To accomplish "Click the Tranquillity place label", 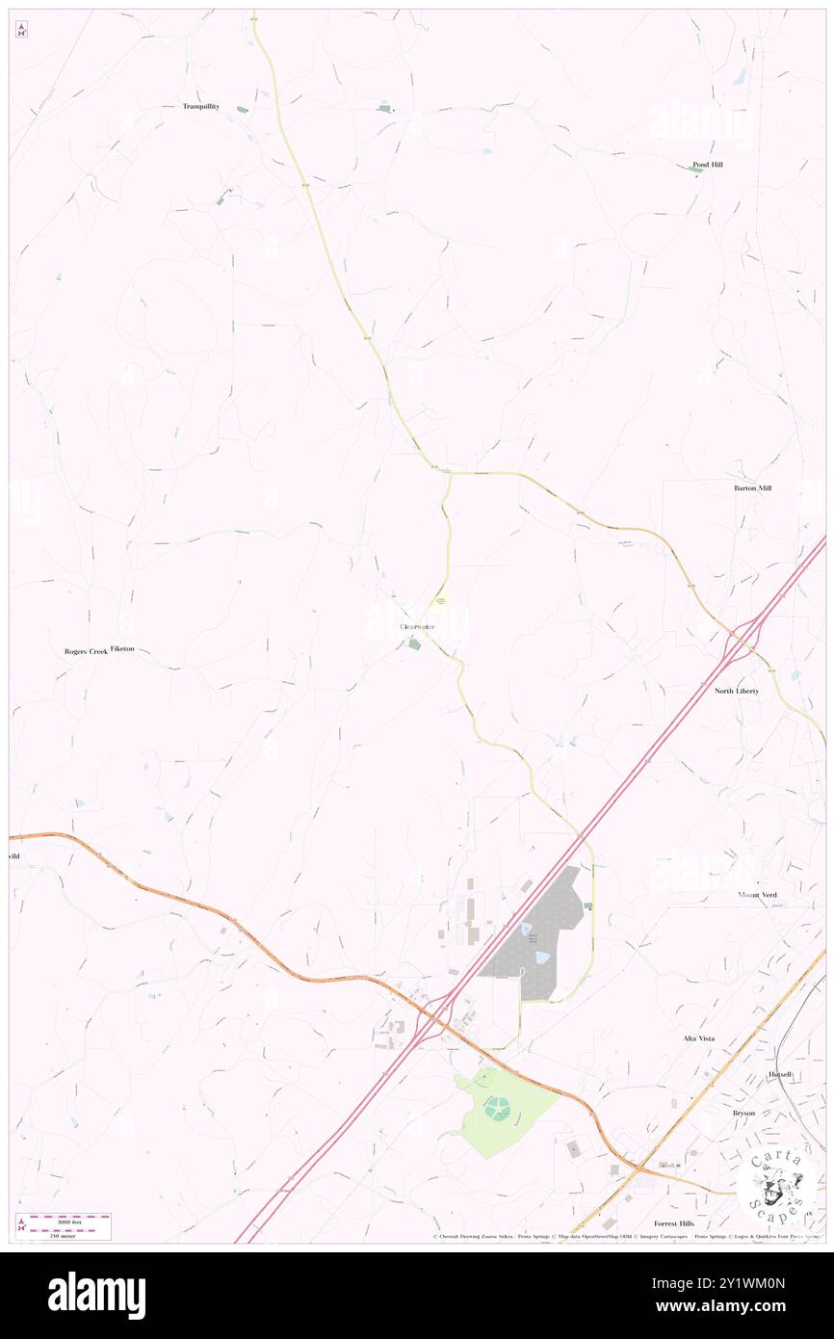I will [x=201, y=106].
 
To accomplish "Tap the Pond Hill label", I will [x=707, y=165].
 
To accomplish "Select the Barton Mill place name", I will [x=752, y=488].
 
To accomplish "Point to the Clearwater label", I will [x=417, y=627].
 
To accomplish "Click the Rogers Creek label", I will [x=85, y=651].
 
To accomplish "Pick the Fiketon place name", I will [x=122, y=649].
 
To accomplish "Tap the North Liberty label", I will [x=736, y=691].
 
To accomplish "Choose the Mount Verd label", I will [x=757, y=895].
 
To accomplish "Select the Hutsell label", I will [x=779, y=1074].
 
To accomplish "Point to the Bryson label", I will [x=743, y=1113].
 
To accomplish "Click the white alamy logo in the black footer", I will [x=96, y=1295].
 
